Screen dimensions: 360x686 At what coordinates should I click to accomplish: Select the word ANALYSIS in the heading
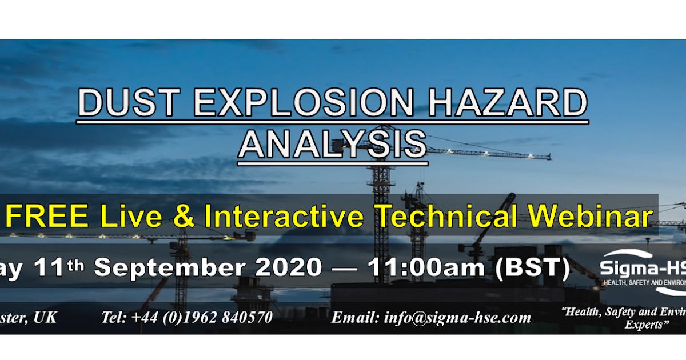click(332, 145)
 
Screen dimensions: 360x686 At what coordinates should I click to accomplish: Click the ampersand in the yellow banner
click(184, 217)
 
